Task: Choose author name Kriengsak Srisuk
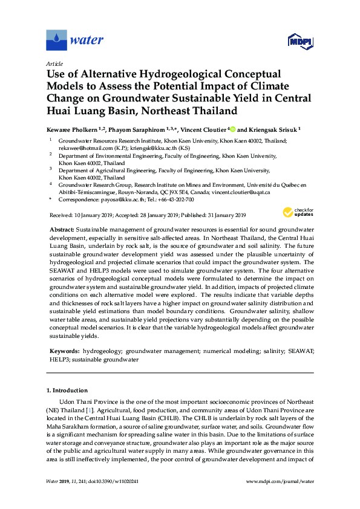(x=272, y=130)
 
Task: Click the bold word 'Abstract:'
(x=61, y=230)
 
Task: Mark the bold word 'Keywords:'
(x=64, y=351)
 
